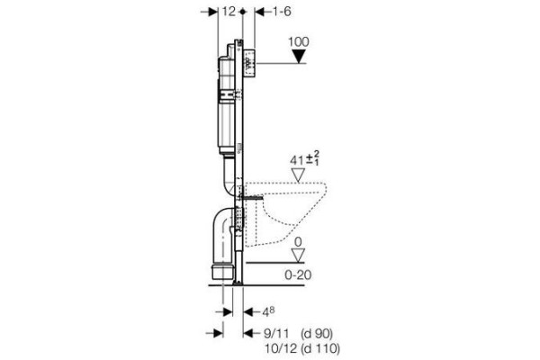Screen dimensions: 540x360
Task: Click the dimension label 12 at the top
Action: pyautogui.click(x=229, y=12)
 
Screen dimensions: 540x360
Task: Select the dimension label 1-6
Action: pyautogui.click(x=282, y=12)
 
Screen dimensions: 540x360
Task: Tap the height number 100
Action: pyautogui.click(x=299, y=42)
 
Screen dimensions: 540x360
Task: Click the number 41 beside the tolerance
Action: pyautogui.click(x=297, y=160)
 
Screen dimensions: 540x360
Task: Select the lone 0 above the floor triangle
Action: pyautogui.click(x=298, y=242)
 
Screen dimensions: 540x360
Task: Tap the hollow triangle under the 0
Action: pyautogui.click(x=298, y=256)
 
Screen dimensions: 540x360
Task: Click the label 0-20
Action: pyautogui.click(x=298, y=274)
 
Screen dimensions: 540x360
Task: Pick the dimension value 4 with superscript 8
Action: pyautogui.click(x=268, y=312)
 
